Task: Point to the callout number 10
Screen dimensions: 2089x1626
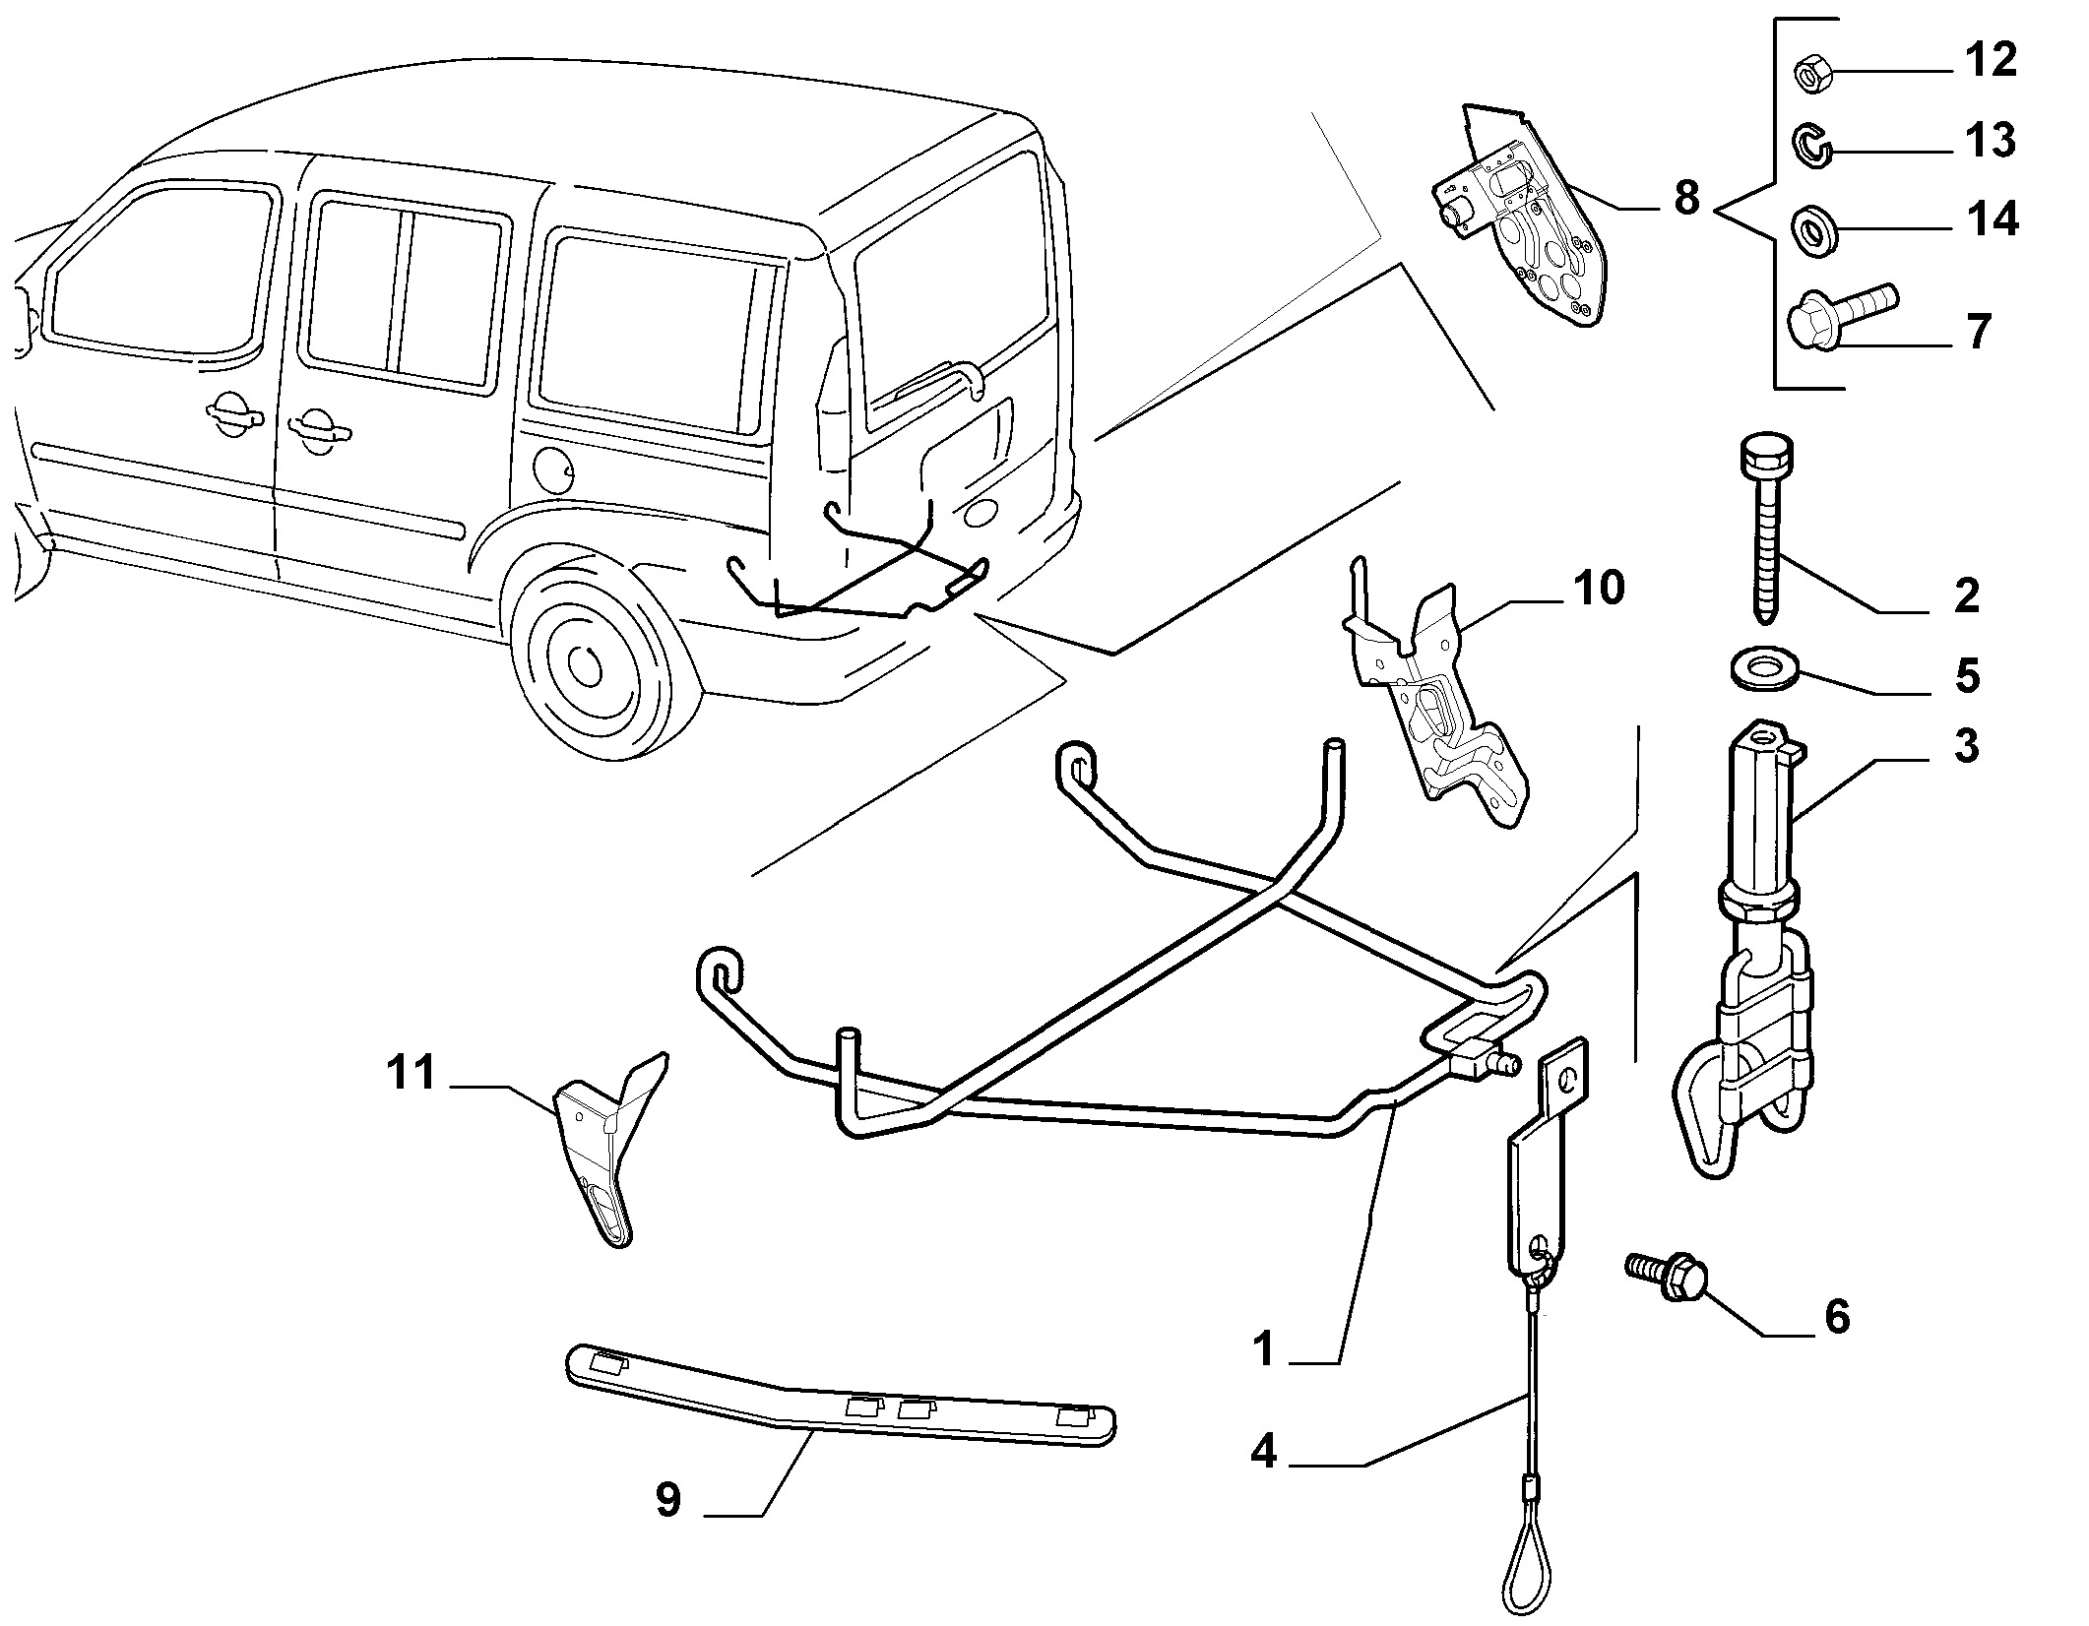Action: [1598, 589]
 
